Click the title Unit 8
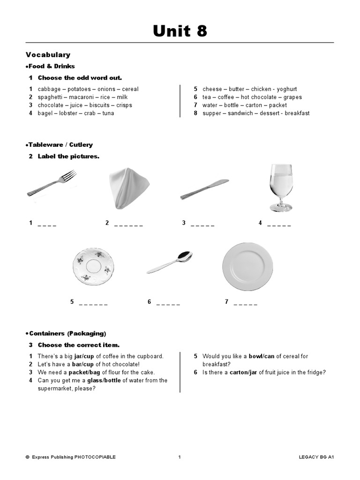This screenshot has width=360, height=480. (x=180, y=31)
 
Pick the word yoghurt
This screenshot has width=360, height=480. (x=286, y=89)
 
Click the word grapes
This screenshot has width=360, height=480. (x=293, y=97)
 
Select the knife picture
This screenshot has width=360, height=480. (x=204, y=188)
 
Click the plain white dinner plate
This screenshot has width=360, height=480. (x=247, y=266)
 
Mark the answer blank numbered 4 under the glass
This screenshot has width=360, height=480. (x=279, y=225)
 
